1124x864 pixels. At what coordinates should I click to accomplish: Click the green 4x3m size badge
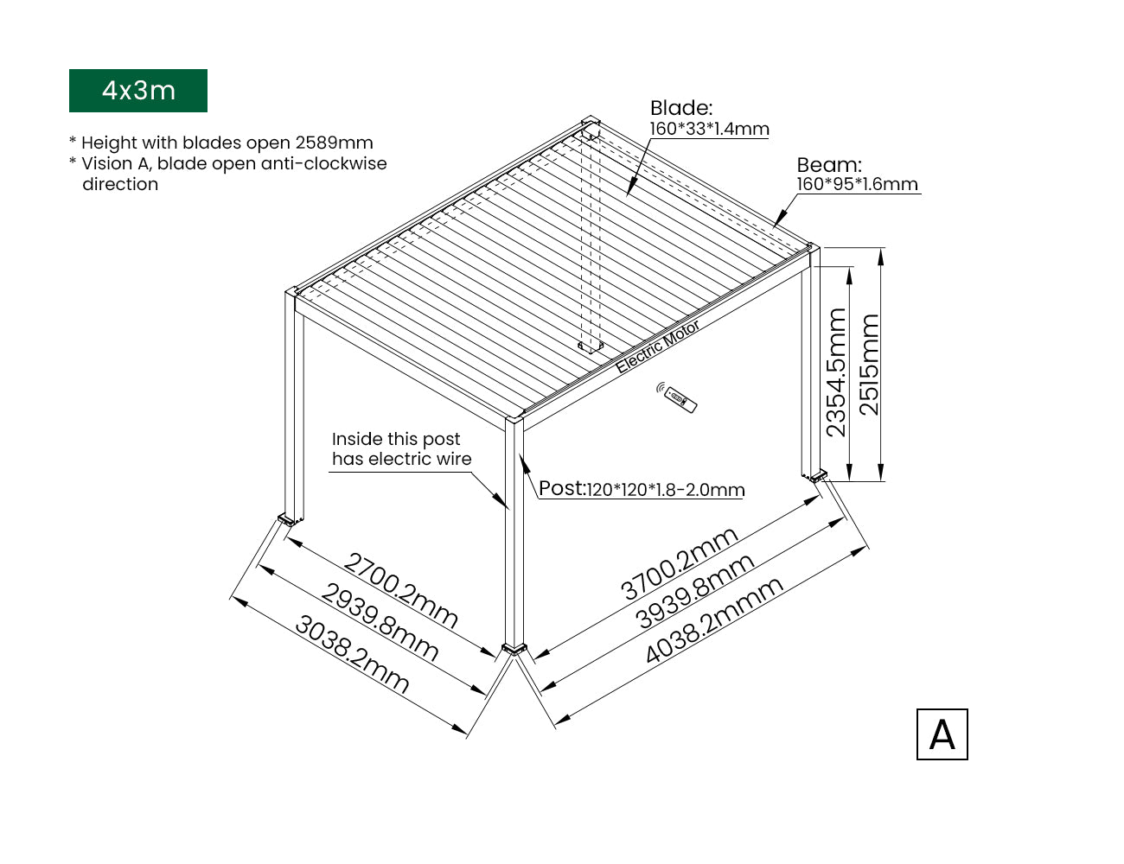point(138,91)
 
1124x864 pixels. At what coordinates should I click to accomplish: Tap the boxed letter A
point(942,734)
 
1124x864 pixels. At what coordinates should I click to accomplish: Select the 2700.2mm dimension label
point(400,590)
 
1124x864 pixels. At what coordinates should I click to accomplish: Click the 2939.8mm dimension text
point(380,622)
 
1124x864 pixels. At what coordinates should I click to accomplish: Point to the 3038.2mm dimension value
point(352,654)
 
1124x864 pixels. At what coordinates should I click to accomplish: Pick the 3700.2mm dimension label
point(680,563)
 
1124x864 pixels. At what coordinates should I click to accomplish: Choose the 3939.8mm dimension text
point(694,591)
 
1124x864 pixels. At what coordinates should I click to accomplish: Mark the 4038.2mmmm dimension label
point(714,619)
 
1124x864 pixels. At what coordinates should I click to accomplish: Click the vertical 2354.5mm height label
point(836,372)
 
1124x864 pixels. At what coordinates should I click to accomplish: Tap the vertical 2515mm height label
point(868,365)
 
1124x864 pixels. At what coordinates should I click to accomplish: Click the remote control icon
point(677,398)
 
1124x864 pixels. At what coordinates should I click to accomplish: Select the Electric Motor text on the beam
point(657,346)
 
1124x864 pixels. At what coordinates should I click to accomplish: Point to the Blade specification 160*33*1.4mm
point(709,129)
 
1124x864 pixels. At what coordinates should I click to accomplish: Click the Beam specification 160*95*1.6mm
point(857,184)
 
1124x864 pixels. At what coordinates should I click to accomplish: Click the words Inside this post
point(396,439)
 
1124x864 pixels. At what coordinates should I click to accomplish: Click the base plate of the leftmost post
point(286,519)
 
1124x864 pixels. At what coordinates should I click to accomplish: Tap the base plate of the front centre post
point(514,649)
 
